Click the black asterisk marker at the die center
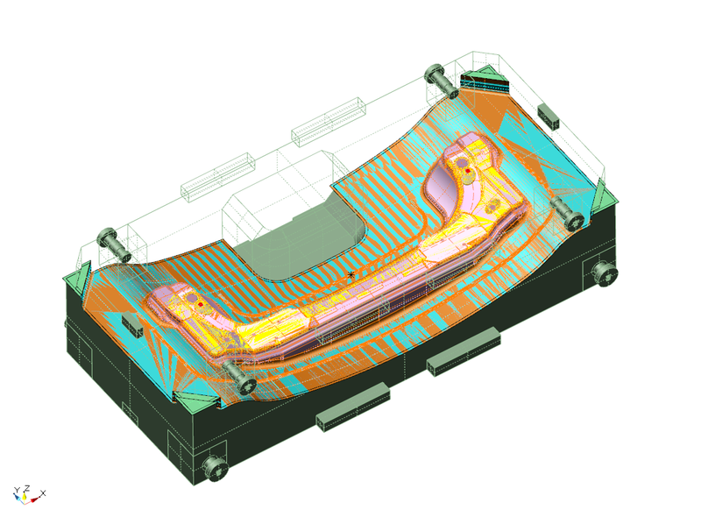click(x=351, y=275)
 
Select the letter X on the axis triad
click(x=43, y=493)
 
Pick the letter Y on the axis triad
click(x=17, y=491)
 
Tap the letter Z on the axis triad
click(x=27, y=488)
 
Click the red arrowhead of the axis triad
click(x=34, y=499)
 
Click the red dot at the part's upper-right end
click(x=468, y=171)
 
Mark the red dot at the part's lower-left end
click(x=201, y=304)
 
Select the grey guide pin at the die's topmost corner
click(x=441, y=80)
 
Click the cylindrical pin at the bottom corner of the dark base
click(x=216, y=468)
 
